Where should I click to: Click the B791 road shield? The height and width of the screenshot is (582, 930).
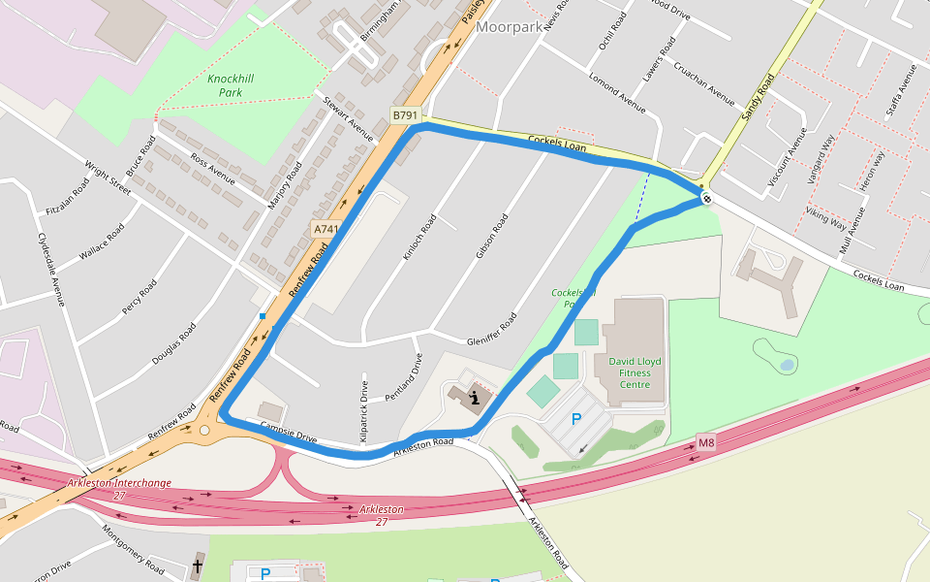click(405, 115)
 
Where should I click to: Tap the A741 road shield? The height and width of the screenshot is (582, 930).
click(326, 229)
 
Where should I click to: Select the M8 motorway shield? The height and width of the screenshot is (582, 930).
click(706, 443)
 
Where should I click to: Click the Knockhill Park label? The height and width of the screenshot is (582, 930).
click(231, 85)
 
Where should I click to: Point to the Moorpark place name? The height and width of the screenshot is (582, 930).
click(509, 27)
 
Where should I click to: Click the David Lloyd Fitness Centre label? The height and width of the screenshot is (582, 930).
click(635, 372)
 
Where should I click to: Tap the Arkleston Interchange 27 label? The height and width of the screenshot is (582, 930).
click(119, 488)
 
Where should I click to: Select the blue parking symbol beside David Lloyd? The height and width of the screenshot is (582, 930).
click(576, 419)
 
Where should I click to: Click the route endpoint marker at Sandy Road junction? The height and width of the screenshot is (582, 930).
click(707, 198)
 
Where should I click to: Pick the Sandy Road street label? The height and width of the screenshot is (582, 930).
click(759, 97)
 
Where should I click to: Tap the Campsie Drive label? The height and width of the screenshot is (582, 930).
click(288, 432)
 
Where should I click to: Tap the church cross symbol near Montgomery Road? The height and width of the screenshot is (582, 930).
click(198, 565)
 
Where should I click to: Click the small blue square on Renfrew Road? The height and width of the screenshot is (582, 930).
click(262, 315)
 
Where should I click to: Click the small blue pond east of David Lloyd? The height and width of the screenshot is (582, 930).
click(787, 365)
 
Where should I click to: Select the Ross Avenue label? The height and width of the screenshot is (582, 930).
click(212, 168)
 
